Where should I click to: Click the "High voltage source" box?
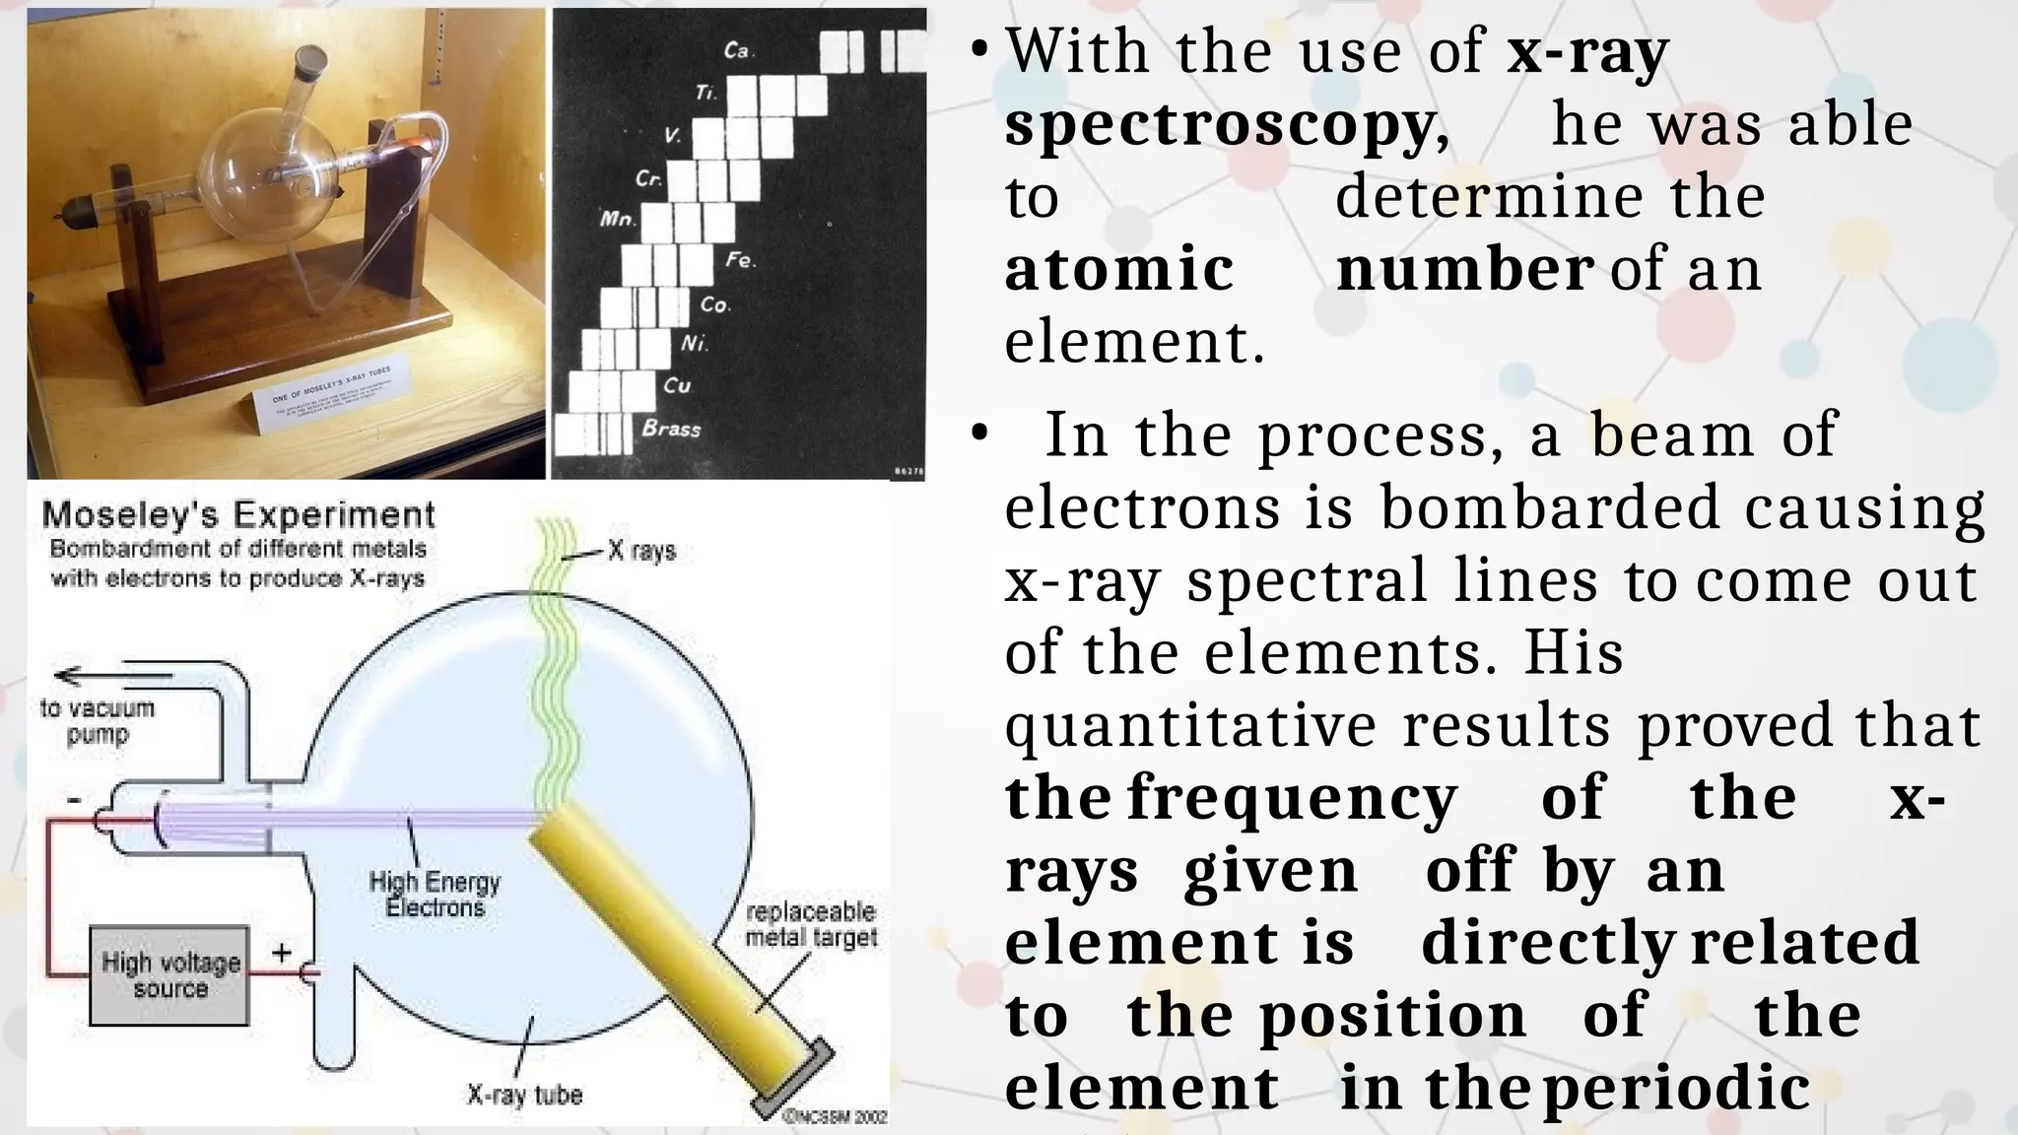[x=169, y=974]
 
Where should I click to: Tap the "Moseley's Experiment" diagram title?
[x=238, y=514]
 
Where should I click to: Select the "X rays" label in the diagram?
[x=641, y=550]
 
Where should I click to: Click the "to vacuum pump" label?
[x=98, y=721]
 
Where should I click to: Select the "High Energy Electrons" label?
[x=435, y=895]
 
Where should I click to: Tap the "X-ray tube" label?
[x=524, y=1095]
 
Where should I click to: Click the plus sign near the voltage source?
[x=282, y=953]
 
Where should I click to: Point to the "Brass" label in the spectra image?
[x=671, y=429]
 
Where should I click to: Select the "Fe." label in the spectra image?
[x=740, y=261]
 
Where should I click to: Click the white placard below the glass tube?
[x=325, y=398]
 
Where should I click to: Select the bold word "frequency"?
[x=1291, y=797]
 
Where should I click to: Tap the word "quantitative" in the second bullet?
[x=1190, y=725]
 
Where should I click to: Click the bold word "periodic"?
[x=1676, y=1089]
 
